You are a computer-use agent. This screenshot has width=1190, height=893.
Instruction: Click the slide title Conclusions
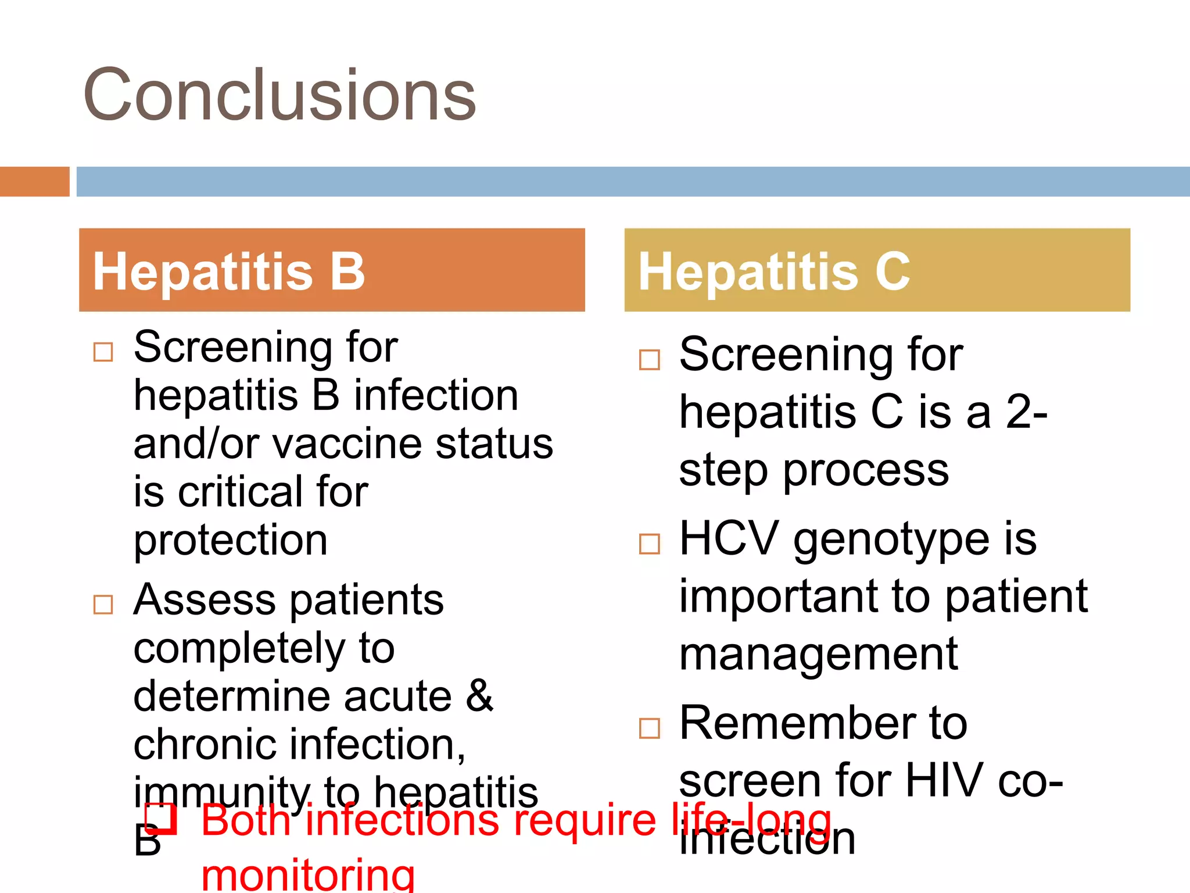[279, 95]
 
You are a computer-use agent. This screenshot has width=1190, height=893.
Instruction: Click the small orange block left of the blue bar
[34, 181]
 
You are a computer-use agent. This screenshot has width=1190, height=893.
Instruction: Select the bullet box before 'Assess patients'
[103, 604]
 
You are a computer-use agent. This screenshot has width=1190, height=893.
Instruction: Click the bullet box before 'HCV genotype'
[649, 544]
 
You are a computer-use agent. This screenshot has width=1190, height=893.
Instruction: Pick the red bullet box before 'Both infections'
[161, 819]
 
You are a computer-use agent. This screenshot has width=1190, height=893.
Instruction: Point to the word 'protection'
[231, 541]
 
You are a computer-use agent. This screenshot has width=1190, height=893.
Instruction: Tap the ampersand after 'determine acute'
[479, 695]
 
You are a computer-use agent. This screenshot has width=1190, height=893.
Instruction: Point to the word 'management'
[818, 655]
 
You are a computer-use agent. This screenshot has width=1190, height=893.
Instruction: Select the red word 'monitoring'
[308, 875]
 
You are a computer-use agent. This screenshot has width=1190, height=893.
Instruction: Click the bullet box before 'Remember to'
[649, 728]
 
